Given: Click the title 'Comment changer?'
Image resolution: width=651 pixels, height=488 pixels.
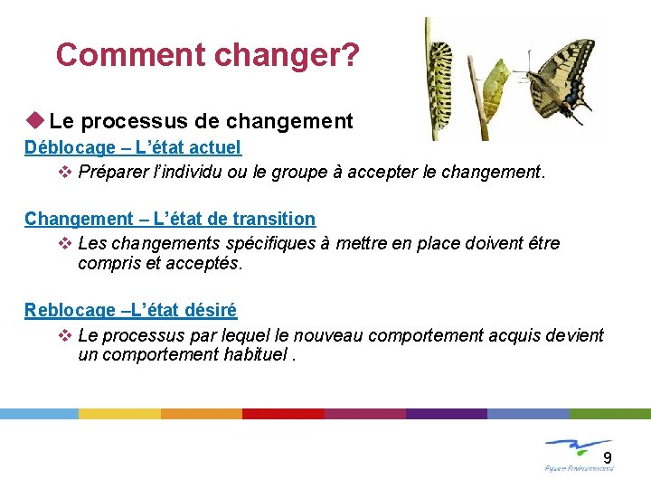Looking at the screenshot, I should tap(207, 55).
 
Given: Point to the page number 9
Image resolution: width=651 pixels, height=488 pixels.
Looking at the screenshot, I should tap(608, 456).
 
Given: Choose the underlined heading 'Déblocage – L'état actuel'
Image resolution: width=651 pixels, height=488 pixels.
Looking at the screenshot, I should tap(133, 146).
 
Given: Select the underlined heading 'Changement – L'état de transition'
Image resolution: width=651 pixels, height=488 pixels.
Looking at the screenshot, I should tap(170, 218).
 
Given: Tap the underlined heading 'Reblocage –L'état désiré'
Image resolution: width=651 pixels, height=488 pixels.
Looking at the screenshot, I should tap(130, 310).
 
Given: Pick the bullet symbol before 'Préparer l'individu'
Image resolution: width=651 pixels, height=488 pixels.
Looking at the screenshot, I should tap(64, 172).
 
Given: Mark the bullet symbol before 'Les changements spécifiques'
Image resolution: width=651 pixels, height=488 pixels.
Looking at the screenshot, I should tap(64, 243).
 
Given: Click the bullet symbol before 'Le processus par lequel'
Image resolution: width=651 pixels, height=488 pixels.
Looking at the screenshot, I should tap(64, 335).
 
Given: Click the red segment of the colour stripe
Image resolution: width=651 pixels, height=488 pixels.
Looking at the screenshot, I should tap(283, 413).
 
